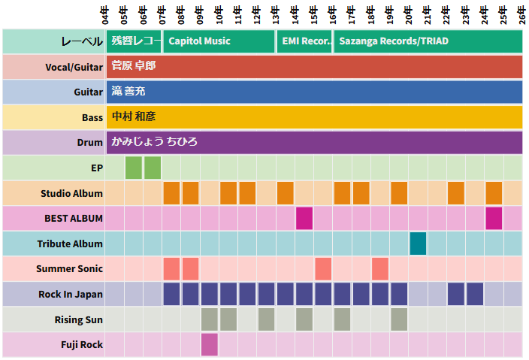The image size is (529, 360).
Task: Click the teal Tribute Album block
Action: click(418, 244)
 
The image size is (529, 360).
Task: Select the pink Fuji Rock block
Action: click(210, 344)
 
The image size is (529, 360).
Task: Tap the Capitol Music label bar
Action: click(219, 41)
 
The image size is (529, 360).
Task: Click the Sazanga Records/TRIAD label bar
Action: click(428, 41)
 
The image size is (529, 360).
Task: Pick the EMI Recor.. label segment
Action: click(305, 41)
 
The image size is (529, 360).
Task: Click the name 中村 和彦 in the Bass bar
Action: click(133, 116)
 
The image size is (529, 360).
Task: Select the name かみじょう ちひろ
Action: click(154, 142)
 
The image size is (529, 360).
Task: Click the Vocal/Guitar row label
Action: click(74, 67)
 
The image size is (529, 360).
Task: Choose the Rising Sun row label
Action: click(78, 319)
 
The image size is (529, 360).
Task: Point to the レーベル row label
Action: click(82, 41)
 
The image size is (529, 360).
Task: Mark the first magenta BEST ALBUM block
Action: click(304, 218)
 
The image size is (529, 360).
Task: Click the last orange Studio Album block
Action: click(494, 193)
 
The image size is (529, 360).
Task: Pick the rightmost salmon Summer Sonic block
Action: click(380, 268)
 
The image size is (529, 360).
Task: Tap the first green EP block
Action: click(134, 168)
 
